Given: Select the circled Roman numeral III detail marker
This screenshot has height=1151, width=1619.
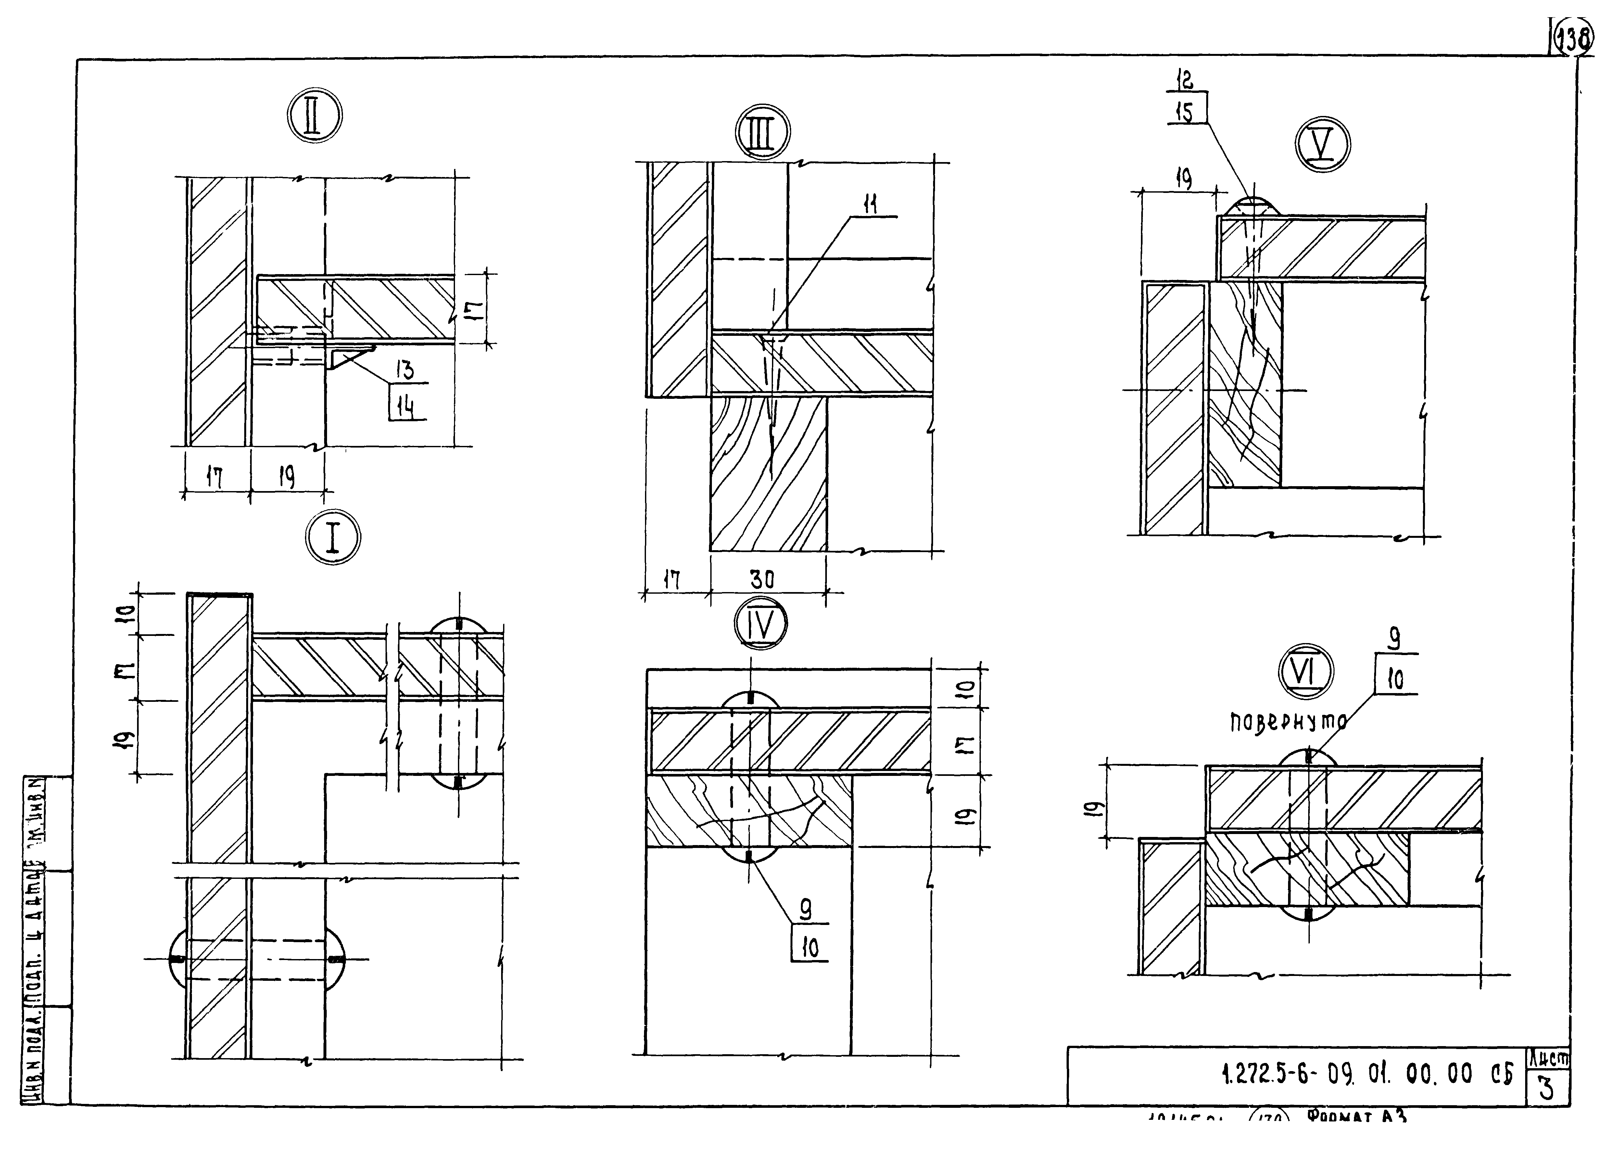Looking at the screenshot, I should point(762,133).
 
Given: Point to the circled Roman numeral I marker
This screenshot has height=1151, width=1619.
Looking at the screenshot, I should point(332,539).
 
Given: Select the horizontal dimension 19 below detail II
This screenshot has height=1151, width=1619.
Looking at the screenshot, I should point(287,478).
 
